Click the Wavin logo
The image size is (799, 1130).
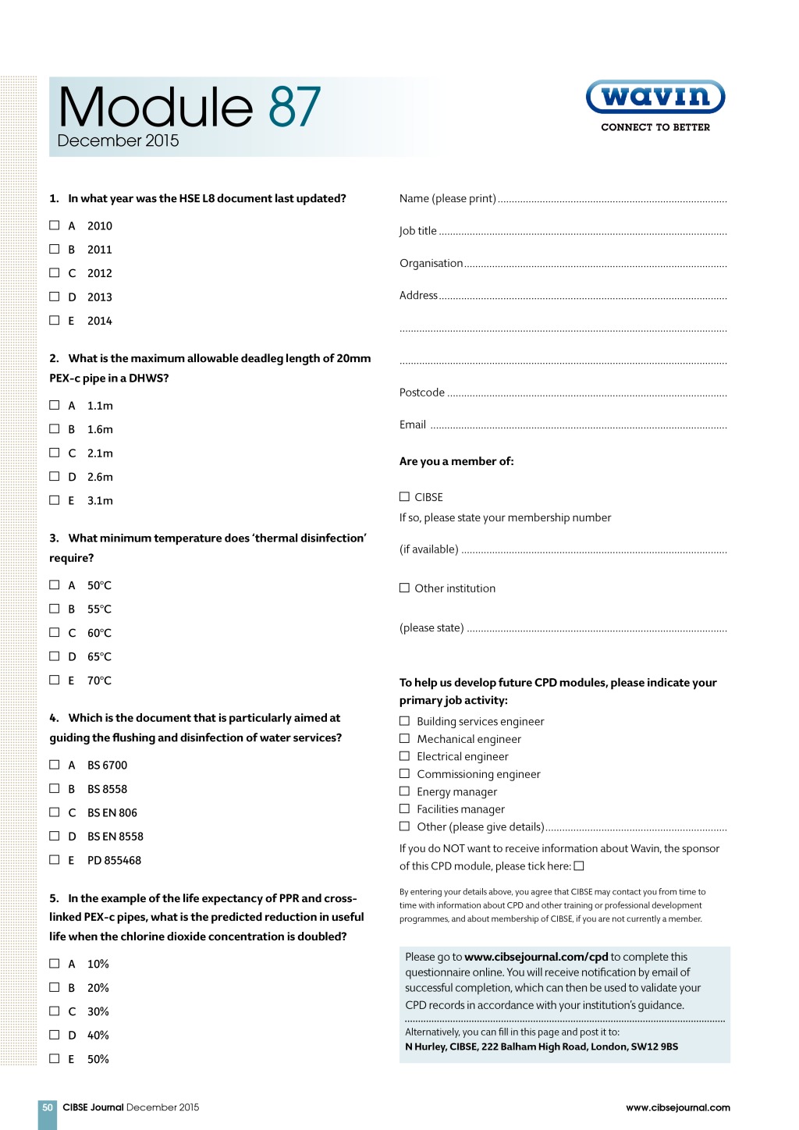pyautogui.click(x=655, y=98)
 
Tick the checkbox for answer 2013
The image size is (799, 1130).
pyautogui.click(x=55, y=297)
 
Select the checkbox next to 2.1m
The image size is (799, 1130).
pyautogui.click(x=55, y=453)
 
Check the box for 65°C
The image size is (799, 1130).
pyautogui.click(x=55, y=656)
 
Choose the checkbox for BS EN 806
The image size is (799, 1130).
pyautogui.click(x=55, y=812)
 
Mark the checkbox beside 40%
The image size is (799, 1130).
pyautogui.click(x=55, y=1035)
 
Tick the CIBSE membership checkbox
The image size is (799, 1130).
pyautogui.click(x=404, y=496)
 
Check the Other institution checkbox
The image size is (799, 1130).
pyautogui.click(x=404, y=588)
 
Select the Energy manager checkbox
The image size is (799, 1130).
pyautogui.click(x=404, y=791)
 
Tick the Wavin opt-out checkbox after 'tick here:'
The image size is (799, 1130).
pyautogui.click(x=579, y=865)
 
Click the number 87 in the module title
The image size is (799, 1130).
pyautogui.click(x=294, y=107)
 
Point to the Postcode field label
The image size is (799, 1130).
pyautogui.click(x=422, y=393)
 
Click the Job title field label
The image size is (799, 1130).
pyautogui.click(x=418, y=231)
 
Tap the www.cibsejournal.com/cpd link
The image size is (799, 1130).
pyautogui.click(x=536, y=957)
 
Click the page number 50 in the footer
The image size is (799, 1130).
pyautogui.click(x=48, y=1107)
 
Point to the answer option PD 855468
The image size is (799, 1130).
pyautogui.click(x=114, y=860)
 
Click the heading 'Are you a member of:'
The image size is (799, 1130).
pyautogui.click(x=456, y=461)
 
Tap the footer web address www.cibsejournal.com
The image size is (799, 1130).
pyautogui.click(x=678, y=1107)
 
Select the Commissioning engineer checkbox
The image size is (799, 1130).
pyautogui.click(x=404, y=773)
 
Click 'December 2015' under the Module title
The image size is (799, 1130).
pyautogui.click(x=118, y=140)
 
